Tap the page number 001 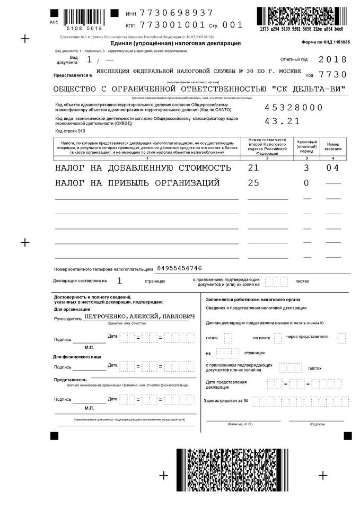232,24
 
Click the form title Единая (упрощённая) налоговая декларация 175,43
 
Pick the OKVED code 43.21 282,121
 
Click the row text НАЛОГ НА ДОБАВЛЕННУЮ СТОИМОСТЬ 143,168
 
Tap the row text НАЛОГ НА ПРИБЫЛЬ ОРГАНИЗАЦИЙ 137,183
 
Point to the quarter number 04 332,168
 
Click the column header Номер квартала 333,147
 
